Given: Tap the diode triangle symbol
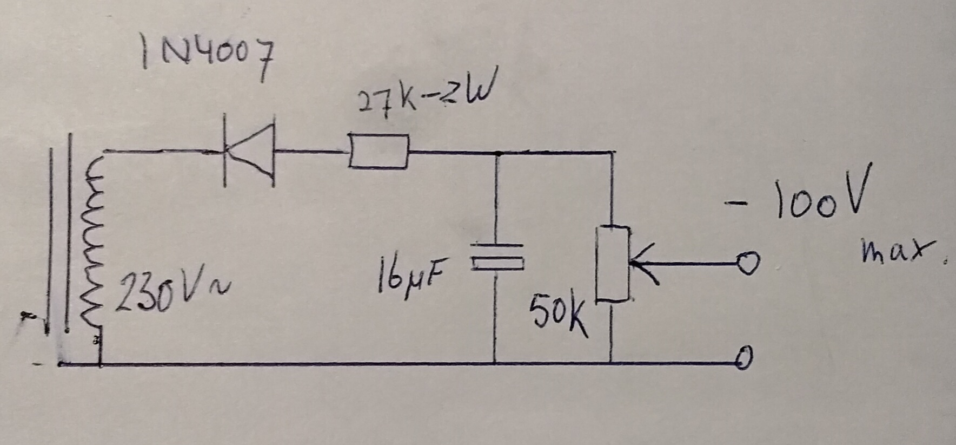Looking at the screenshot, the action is point(249,152).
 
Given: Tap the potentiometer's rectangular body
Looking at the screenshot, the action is point(613,263).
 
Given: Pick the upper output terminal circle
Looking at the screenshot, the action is point(749,264).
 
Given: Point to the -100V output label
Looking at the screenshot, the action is point(795,198).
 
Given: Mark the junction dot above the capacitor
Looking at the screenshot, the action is point(497,153).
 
